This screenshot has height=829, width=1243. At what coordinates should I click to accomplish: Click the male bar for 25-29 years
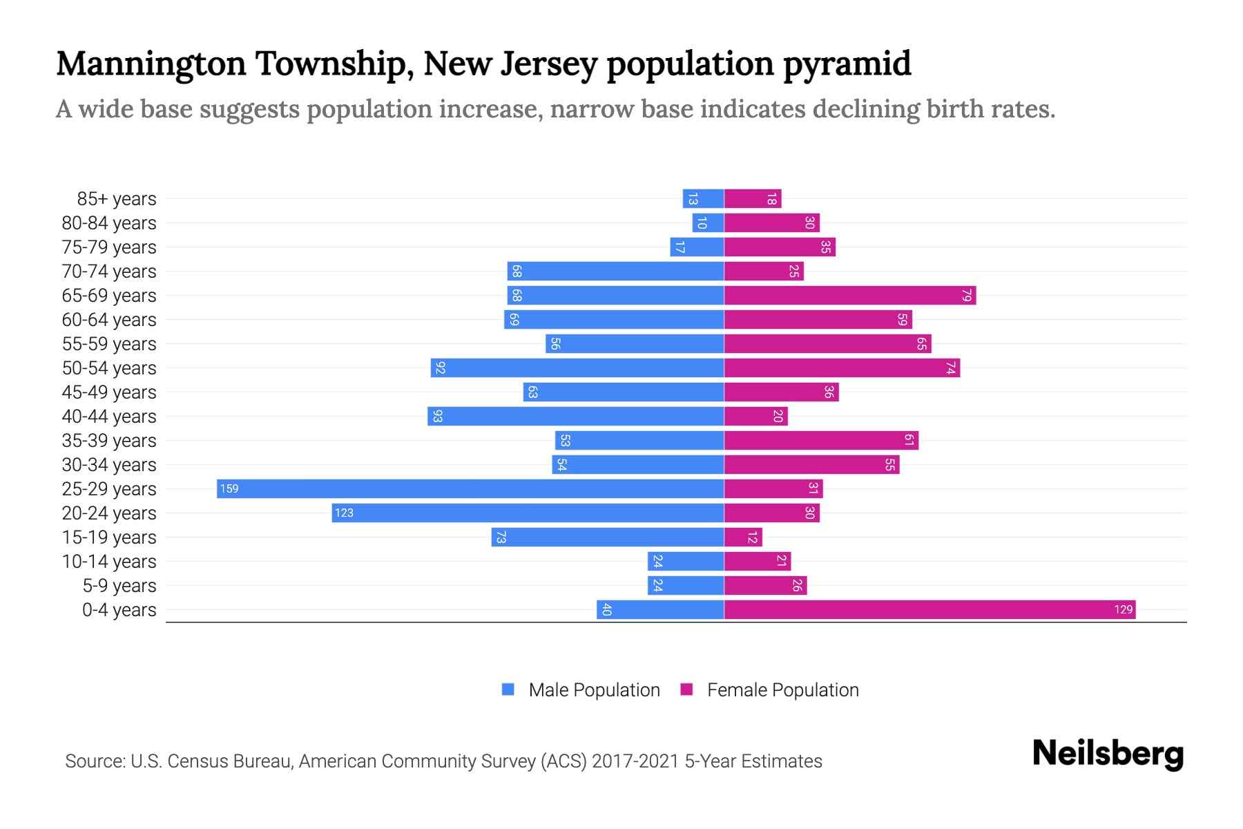point(470,488)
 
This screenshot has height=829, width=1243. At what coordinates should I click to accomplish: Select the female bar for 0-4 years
point(929,609)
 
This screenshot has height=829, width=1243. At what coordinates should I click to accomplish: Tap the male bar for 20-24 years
point(528,513)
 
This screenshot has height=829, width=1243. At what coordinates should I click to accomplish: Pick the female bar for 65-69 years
point(849,295)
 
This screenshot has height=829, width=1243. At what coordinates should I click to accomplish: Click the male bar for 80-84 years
point(708,222)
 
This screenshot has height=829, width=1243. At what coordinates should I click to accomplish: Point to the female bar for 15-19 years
point(742,537)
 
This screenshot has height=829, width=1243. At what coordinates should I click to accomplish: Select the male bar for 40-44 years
point(575,416)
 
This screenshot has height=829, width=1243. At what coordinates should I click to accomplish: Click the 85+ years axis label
point(117,199)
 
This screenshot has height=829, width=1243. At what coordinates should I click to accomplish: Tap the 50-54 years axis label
point(109,368)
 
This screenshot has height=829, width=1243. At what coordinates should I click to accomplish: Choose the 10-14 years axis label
point(109,562)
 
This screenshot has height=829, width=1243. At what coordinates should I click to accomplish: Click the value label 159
point(229,489)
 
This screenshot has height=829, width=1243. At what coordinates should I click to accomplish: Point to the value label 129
point(1123,609)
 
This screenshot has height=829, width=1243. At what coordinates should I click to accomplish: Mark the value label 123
point(344,513)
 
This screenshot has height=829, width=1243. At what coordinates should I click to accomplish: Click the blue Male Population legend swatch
point(508,689)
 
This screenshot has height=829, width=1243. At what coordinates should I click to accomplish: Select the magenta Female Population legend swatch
point(686,689)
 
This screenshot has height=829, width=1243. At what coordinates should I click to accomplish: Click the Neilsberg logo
point(1108,754)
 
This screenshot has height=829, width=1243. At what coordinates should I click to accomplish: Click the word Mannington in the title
point(151,64)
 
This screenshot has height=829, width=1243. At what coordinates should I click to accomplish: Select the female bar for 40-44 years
point(755,416)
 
